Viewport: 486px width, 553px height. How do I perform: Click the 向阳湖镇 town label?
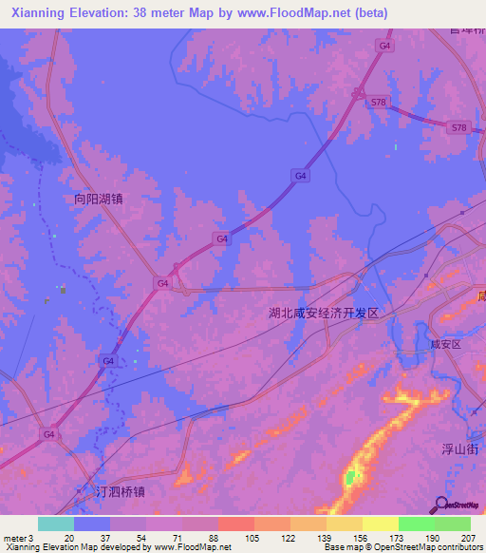click(100, 200)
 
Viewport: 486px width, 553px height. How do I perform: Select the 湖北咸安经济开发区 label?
click(324, 313)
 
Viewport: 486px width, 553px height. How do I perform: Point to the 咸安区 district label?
click(444, 345)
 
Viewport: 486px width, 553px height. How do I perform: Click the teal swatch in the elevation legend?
click(56, 524)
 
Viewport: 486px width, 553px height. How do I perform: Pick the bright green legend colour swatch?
click(416, 524)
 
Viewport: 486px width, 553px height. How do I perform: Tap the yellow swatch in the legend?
click(380, 524)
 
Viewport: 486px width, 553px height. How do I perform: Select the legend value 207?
click(471, 538)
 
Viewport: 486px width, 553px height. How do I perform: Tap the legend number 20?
click(69, 538)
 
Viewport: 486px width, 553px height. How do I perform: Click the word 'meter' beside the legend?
click(15, 538)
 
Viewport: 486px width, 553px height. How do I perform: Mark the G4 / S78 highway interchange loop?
click(358, 92)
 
